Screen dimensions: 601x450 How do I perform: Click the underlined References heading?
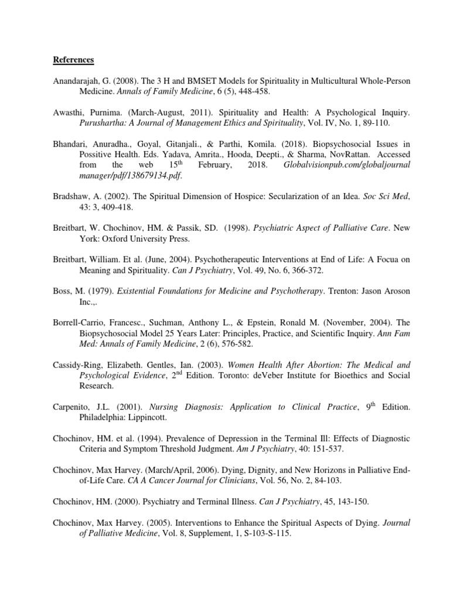coord(73,59)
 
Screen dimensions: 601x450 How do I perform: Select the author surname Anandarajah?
coord(78,82)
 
